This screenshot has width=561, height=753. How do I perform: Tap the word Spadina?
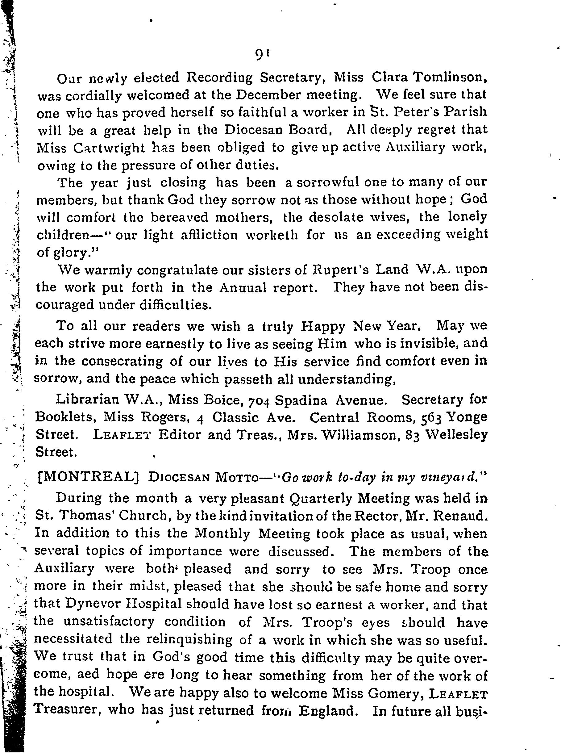[301, 400]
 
